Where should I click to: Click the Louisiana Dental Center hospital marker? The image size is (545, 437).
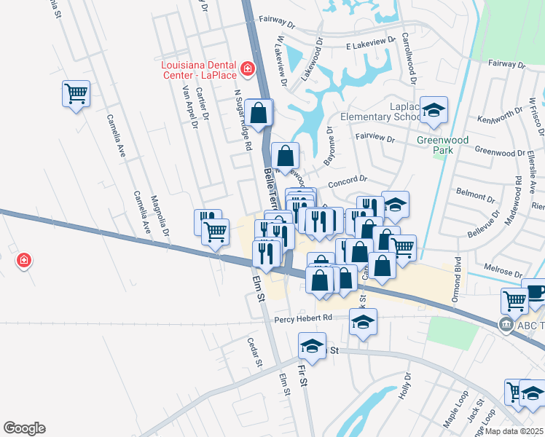[248, 69]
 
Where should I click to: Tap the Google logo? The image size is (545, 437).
[24, 428]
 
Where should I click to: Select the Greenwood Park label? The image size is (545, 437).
[435, 145]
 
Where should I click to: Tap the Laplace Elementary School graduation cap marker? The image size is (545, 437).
[434, 110]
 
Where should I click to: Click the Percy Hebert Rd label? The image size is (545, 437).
[303, 318]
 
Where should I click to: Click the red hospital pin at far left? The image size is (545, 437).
[24, 260]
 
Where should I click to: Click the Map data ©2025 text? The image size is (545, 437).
[513, 431]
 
